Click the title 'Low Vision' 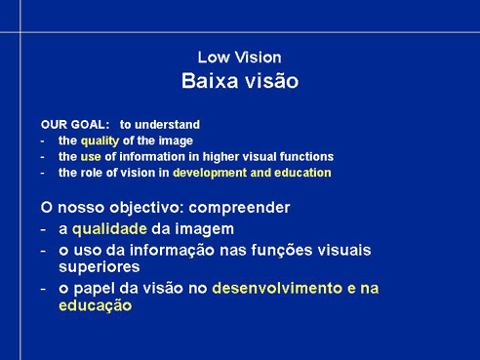[239, 58]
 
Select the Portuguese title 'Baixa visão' [240, 81]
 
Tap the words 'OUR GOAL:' [75, 125]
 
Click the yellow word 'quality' [100, 141]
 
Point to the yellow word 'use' [91, 157]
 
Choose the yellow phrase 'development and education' [252, 173]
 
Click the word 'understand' [167, 125]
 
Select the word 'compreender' [239, 208]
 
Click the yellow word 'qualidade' [109, 229]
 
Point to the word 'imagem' [204, 229]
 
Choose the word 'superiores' [100, 267]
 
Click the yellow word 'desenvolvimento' [277, 288]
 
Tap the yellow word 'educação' [96, 305]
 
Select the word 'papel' [95, 289]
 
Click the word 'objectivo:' [147, 208]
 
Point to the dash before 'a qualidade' [43, 230]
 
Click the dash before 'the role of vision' [42, 174]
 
